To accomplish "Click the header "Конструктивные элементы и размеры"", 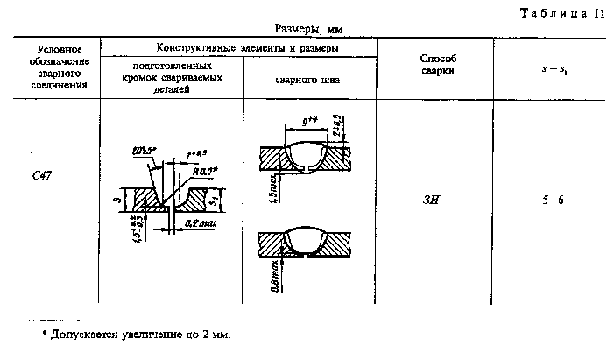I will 239,47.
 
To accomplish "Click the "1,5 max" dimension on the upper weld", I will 273,187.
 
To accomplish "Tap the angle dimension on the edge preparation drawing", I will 143,150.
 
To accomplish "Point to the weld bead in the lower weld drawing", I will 312,236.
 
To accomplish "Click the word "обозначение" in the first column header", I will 58,60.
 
